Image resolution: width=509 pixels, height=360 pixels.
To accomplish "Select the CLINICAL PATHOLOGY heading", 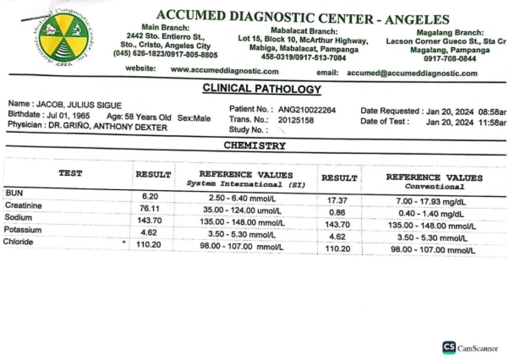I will tap(261, 88).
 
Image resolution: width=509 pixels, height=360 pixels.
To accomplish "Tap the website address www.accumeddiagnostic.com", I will tap(225, 71).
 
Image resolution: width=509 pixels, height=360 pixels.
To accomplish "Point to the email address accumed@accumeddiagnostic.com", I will tap(412, 73).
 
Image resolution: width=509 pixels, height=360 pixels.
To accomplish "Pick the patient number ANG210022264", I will tap(307, 110).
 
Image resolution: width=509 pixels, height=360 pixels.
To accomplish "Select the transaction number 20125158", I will tap(296, 120).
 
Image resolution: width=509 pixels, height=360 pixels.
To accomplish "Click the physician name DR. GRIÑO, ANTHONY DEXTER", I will tap(108, 127).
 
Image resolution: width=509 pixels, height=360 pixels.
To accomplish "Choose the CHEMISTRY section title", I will tap(254, 146).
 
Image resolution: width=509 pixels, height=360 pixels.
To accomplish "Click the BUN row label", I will tap(14, 193).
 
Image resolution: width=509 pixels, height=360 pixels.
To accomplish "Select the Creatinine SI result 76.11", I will tap(149, 209).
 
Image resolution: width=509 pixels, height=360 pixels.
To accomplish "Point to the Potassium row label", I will tap(23, 230).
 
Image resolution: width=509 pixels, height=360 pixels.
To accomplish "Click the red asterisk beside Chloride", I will tap(124, 242).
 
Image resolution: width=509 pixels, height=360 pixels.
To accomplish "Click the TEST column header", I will tap(70, 173).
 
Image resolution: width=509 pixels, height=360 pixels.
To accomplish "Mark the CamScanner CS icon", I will tap(449, 347).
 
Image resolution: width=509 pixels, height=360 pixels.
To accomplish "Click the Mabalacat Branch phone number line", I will tap(303, 58).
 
